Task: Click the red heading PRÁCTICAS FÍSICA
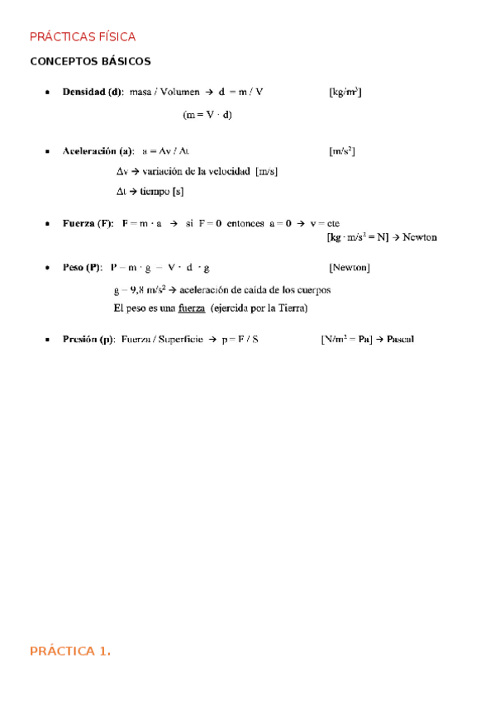click(83, 37)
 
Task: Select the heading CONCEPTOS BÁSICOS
click(90, 62)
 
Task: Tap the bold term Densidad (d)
click(93, 92)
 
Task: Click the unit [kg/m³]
click(345, 92)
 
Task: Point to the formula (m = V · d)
click(207, 115)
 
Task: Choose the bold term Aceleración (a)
click(98, 151)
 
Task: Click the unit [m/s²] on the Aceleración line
click(341, 151)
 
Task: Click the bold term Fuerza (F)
click(88, 223)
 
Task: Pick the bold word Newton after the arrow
click(420, 237)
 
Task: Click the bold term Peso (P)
click(82, 268)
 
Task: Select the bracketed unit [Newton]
click(349, 268)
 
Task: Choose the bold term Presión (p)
click(88, 339)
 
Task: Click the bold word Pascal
click(400, 339)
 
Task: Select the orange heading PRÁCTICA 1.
click(70, 651)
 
